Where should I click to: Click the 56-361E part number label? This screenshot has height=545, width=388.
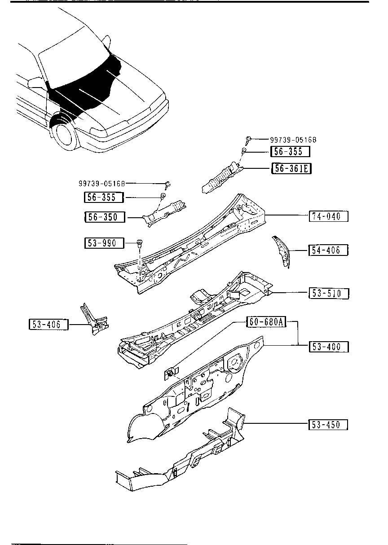tap(291, 168)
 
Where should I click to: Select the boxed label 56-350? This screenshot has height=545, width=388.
tap(102, 217)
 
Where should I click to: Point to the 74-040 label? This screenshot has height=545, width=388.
tap(328, 216)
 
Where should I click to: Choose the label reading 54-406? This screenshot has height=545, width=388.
tap(328, 250)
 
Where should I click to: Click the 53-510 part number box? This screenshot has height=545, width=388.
tap(328, 294)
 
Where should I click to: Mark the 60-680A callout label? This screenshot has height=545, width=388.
tap(266, 322)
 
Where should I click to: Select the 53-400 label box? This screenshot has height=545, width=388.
tap(328, 347)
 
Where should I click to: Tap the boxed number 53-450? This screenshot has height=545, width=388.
tap(328, 425)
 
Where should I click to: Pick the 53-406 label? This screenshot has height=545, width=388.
tap(48, 324)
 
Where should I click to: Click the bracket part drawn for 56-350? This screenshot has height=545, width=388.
tap(165, 211)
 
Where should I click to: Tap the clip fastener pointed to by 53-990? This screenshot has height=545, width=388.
tap(139, 244)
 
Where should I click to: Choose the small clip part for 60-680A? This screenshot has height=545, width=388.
tap(171, 372)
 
